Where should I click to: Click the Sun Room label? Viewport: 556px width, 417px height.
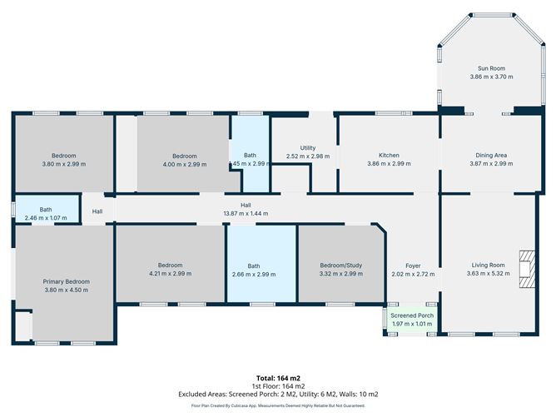point(490,68)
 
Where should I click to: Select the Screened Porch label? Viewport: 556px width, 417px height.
point(414,316)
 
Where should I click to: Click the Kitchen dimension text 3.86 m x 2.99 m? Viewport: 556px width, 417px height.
point(389,164)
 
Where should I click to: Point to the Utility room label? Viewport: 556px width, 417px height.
point(307,147)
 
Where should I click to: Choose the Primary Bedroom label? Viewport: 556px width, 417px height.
point(66,281)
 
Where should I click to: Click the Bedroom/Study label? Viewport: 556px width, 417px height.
point(341,266)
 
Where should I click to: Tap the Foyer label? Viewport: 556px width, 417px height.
point(413,266)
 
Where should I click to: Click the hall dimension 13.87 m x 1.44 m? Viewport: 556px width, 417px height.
point(246,214)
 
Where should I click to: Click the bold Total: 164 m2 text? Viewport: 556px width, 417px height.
point(277,378)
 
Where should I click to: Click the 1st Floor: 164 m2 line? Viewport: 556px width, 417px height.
point(277,386)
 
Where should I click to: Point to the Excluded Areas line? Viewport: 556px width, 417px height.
point(277,395)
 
